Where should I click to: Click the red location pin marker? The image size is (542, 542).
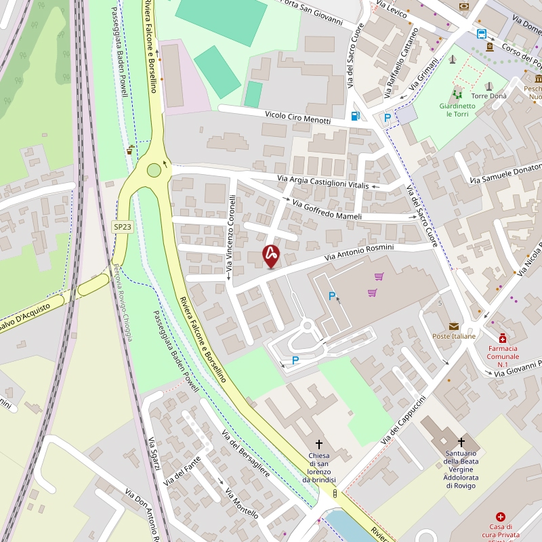(x=271, y=255)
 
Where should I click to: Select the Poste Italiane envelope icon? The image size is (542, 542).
(x=453, y=326)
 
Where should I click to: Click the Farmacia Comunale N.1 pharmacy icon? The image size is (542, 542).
(x=503, y=338)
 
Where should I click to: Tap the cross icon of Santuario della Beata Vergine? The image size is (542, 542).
(x=461, y=442)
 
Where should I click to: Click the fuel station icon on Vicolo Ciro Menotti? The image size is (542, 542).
(x=355, y=116)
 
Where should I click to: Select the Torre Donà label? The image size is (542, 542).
(x=488, y=96)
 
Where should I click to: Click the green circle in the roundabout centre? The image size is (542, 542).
(x=154, y=170)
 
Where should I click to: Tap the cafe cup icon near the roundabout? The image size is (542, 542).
(x=129, y=150)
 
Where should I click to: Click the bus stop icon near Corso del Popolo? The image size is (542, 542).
(x=481, y=34)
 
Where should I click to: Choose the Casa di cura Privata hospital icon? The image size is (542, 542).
(x=501, y=517)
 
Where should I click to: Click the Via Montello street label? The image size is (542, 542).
(x=242, y=503)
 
